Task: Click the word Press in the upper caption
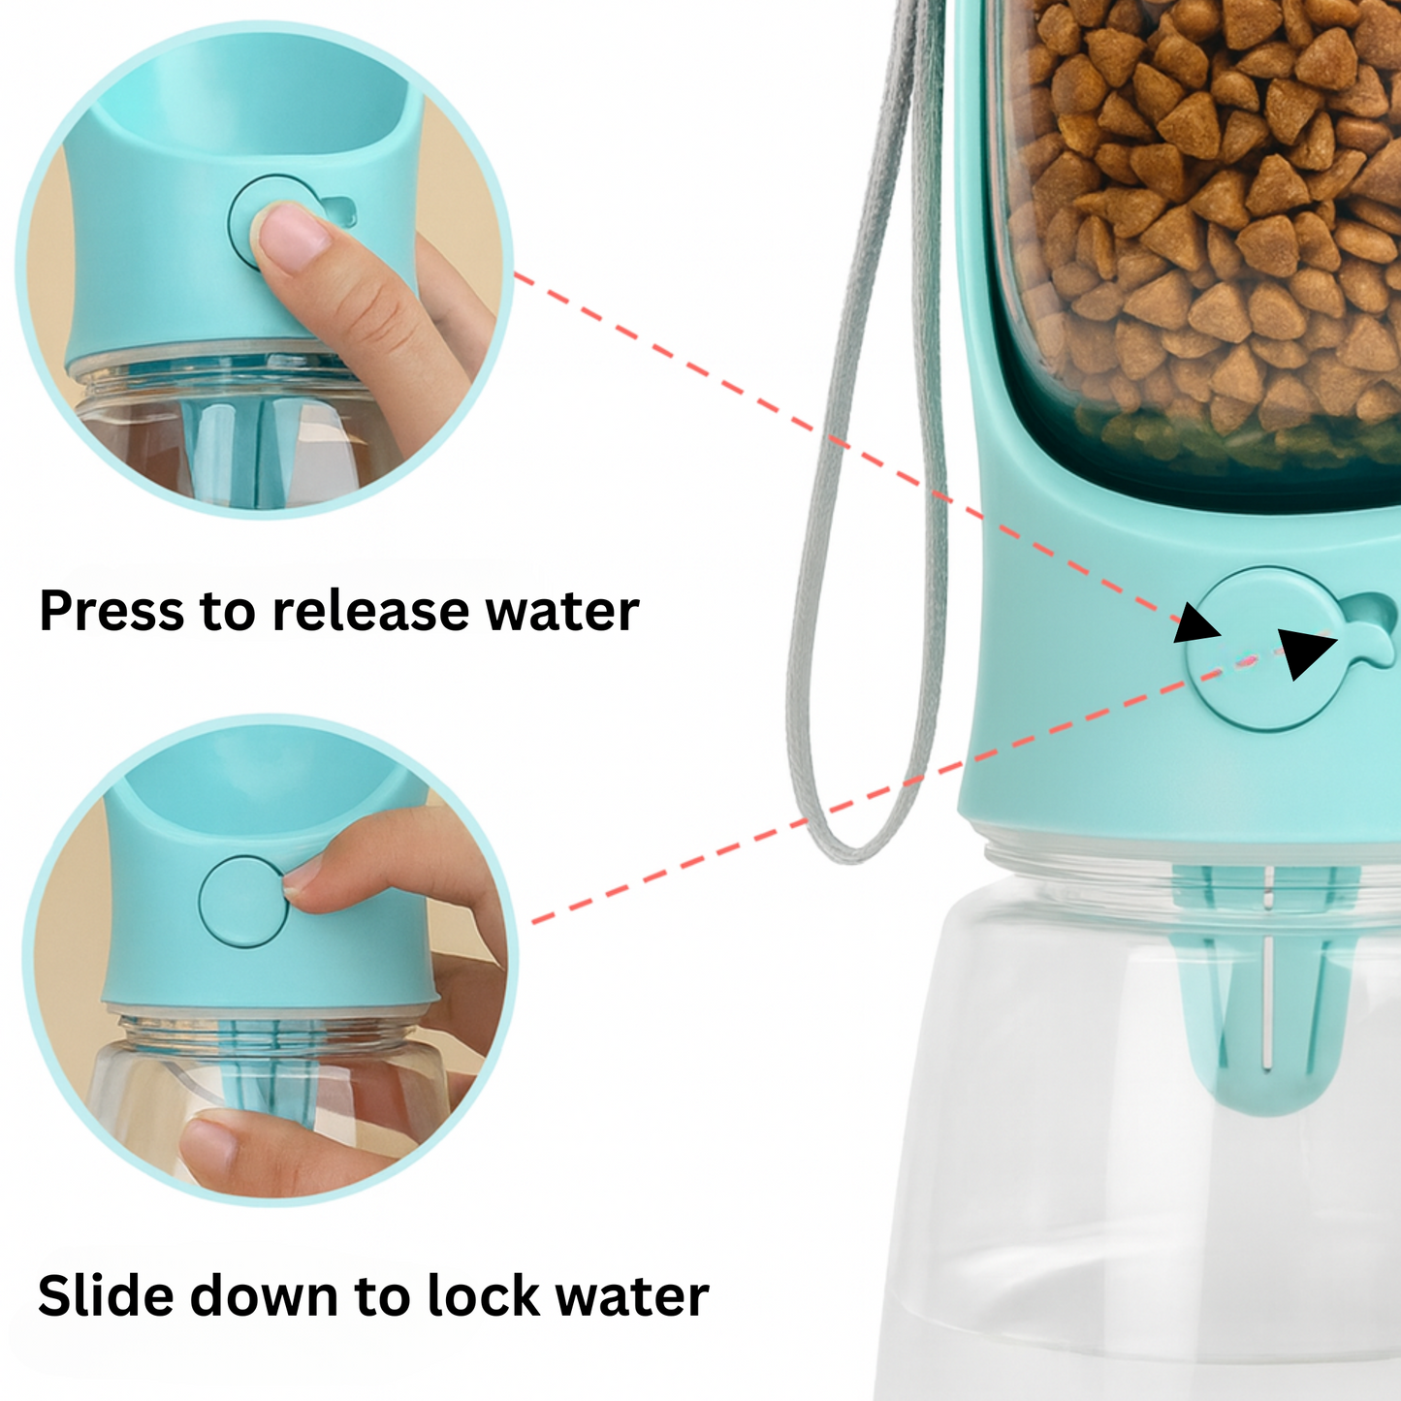pos(111,612)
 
